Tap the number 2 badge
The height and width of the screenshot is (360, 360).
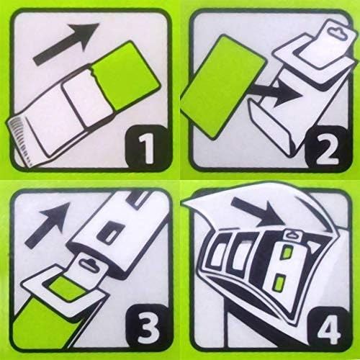coord(327,147)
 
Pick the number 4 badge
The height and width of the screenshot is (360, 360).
coord(328,328)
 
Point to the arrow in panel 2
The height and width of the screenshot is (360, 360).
coord(276,92)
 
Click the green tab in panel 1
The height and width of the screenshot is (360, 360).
coord(125,76)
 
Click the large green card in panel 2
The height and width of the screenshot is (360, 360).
coord(222,87)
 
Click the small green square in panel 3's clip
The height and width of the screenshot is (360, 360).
coord(68,287)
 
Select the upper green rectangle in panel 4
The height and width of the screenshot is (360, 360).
coord(287,253)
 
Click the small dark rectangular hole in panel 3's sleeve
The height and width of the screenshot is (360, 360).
coord(111,233)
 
